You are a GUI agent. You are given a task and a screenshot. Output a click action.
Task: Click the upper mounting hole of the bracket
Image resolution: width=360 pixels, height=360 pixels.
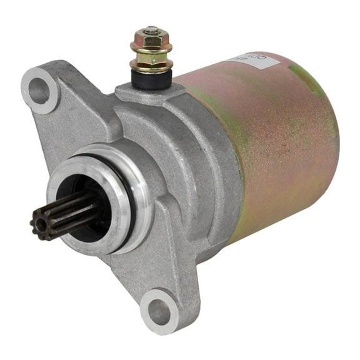click(39, 92)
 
